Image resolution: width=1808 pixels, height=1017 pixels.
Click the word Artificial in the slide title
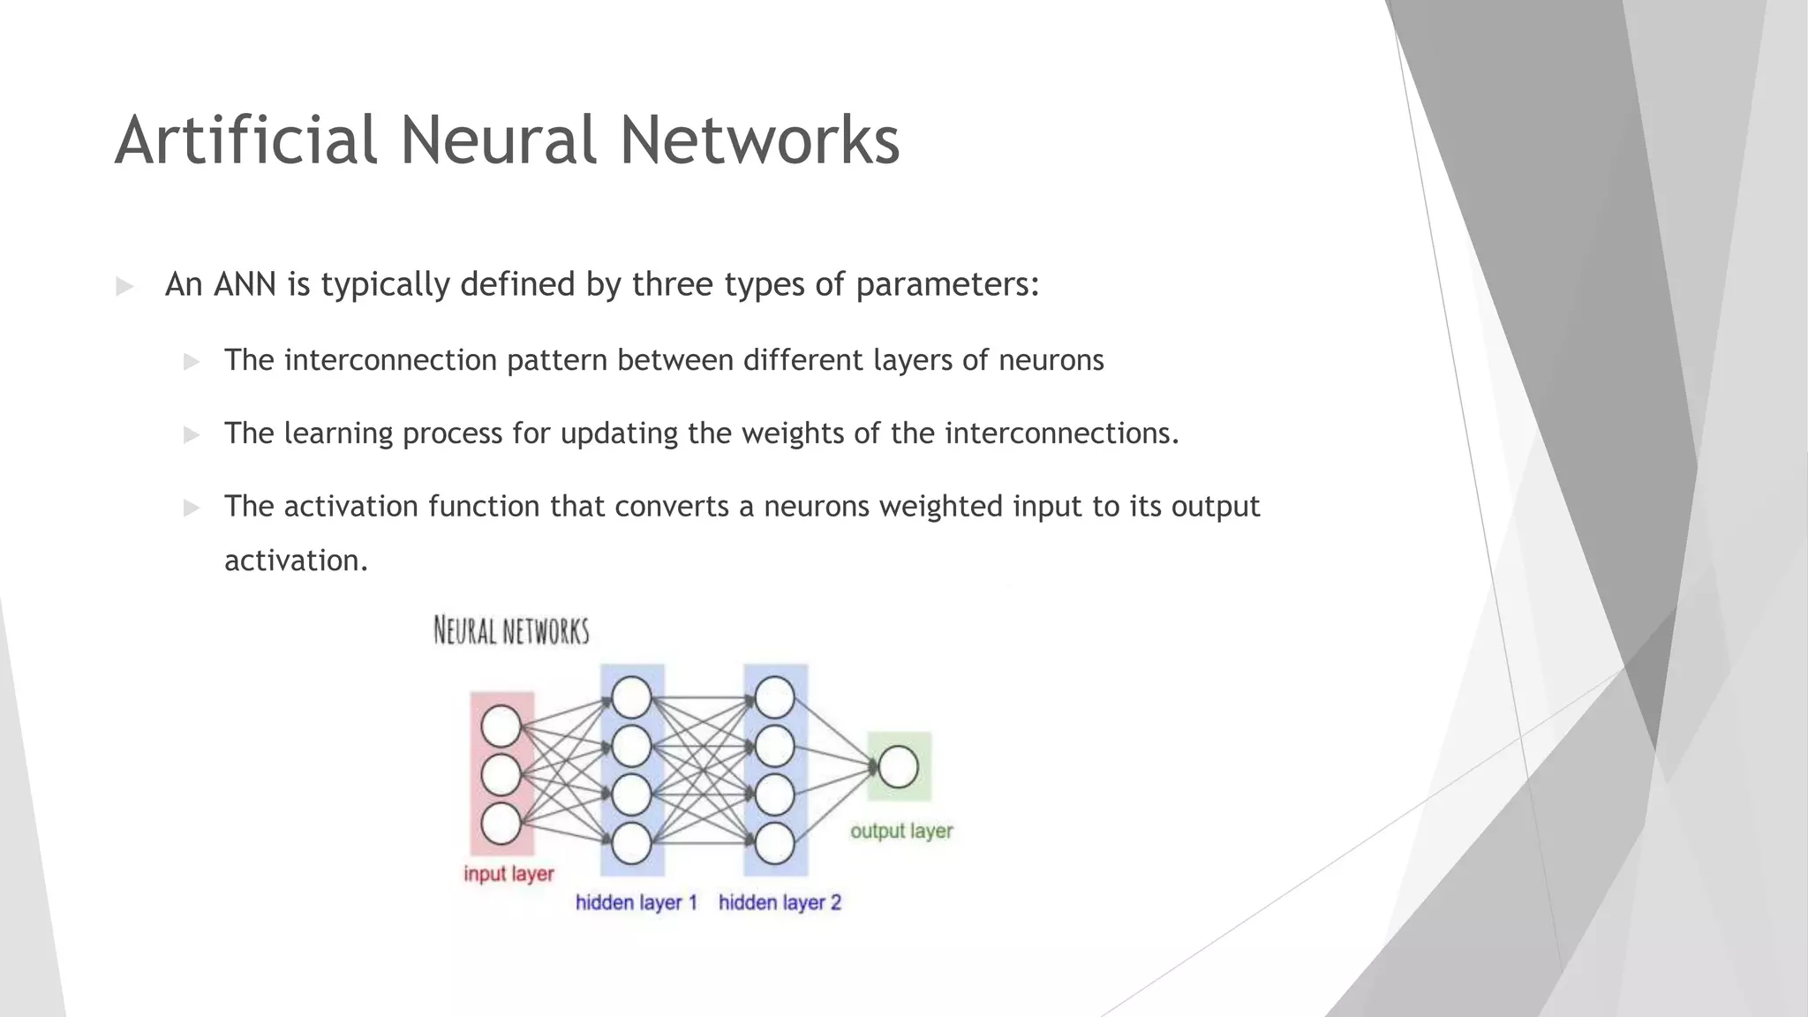[x=246, y=140]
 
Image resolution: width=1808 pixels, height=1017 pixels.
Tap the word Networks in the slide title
[x=759, y=140]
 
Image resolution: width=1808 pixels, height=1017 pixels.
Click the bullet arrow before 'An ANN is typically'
[x=124, y=286]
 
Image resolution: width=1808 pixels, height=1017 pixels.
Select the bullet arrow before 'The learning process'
[x=192, y=434]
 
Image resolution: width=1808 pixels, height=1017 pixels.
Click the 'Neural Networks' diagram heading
[x=511, y=631]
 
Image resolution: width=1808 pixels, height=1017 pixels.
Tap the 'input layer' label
[x=508, y=874]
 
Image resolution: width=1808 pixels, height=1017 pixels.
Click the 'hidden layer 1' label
[x=637, y=902]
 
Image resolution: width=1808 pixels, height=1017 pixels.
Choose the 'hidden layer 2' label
[x=780, y=902]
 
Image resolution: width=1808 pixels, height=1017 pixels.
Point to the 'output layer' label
[x=901, y=831]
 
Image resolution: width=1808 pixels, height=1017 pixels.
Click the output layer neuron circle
[x=898, y=766]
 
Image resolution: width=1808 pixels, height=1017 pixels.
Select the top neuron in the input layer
[x=501, y=726]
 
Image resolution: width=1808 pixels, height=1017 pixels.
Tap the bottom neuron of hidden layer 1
[x=631, y=843]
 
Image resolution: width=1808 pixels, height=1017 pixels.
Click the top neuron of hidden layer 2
[x=774, y=697]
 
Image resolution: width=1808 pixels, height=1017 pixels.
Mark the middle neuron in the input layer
[x=501, y=775]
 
